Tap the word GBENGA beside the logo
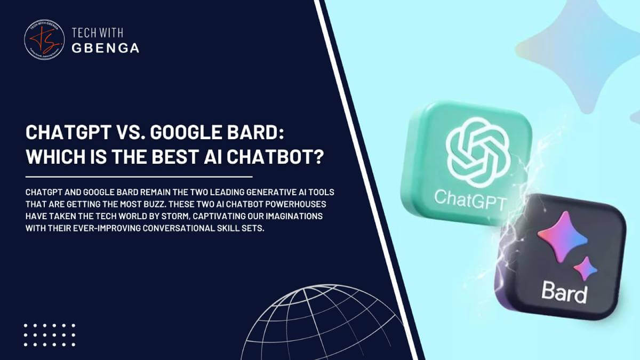(x=106, y=48)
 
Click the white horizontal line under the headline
(x=139, y=176)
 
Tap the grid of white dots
(x=50, y=335)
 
